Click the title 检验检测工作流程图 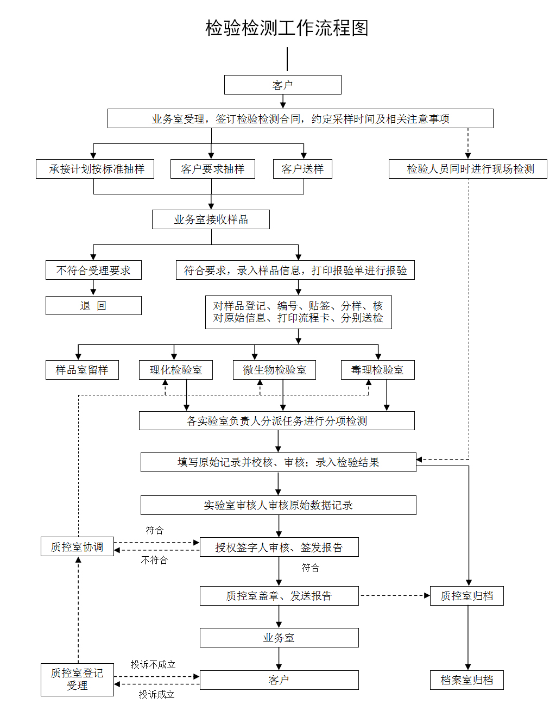click(287, 28)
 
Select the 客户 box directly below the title click(282, 85)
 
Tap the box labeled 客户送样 click(302, 169)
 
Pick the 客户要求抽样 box click(212, 169)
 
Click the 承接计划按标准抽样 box click(95, 169)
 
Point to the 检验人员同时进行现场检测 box click(467, 169)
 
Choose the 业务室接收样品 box click(211, 219)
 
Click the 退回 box click(93, 305)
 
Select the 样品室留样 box click(82, 370)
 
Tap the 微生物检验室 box click(274, 370)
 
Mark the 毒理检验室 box click(377, 370)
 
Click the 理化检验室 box click(175, 370)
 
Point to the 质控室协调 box click(77, 546)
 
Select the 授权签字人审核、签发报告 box click(279, 547)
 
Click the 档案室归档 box click(466, 680)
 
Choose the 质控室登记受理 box click(77, 679)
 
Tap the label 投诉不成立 click(153, 664)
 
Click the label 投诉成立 click(156, 694)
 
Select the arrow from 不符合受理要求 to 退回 click(93, 287)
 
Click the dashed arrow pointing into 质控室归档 click(395, 595)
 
